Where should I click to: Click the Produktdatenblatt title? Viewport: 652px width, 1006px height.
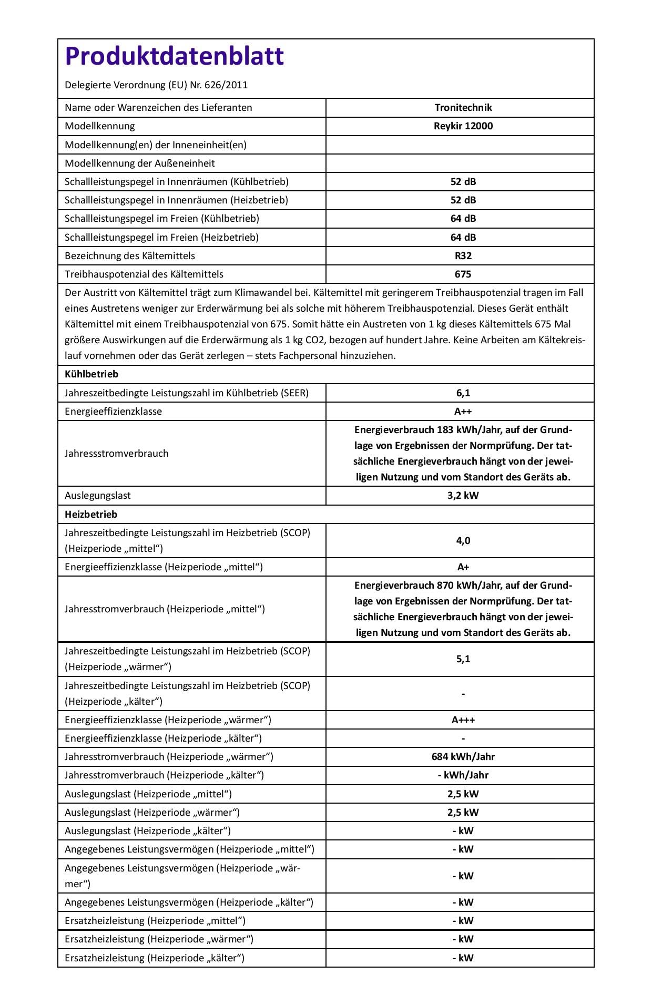tap(174, 56)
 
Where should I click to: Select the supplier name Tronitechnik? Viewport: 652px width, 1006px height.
tap(463, 108)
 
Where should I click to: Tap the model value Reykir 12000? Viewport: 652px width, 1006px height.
tap(463, 126)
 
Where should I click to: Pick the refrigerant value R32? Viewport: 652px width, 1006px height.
tap(463, 256)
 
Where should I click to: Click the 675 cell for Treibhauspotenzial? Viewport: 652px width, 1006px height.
tap(463, 274)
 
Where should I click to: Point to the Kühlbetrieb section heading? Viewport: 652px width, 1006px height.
tap(91, 374)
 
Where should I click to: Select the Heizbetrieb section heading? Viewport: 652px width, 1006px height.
tap(91, 515)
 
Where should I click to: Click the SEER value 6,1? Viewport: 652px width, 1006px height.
tap(463, 393)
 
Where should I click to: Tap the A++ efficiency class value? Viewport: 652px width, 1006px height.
tap(463, 412)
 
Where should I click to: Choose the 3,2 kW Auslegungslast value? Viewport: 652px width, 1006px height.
tap(463, 496)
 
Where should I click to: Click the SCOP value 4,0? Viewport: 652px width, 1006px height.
tap(463, 541)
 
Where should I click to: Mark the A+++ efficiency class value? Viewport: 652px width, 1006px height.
tap(463, 720)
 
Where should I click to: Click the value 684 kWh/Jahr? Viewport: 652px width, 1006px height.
tap(463, 757)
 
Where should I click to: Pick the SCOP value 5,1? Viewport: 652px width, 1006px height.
tap(463, 659)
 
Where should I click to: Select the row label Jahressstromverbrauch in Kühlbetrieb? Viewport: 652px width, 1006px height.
tap(116, 454)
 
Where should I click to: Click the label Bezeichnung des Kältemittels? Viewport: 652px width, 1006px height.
tap(129, 256)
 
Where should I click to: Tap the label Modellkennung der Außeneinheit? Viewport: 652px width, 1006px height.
tap(139, 163)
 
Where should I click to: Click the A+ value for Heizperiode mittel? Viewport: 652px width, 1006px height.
tap(463, 567)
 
